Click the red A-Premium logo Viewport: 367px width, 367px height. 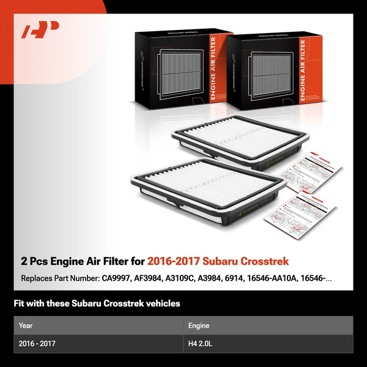(x=40, y=30)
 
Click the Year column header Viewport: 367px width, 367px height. (x=26, y=325)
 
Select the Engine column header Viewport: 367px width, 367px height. (x=199, y=325)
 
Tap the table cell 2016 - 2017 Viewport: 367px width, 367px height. (x=37, y=344)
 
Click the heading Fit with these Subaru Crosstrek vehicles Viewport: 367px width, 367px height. (x=97, y=303)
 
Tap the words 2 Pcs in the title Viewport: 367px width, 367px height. (x=34, y=261)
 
